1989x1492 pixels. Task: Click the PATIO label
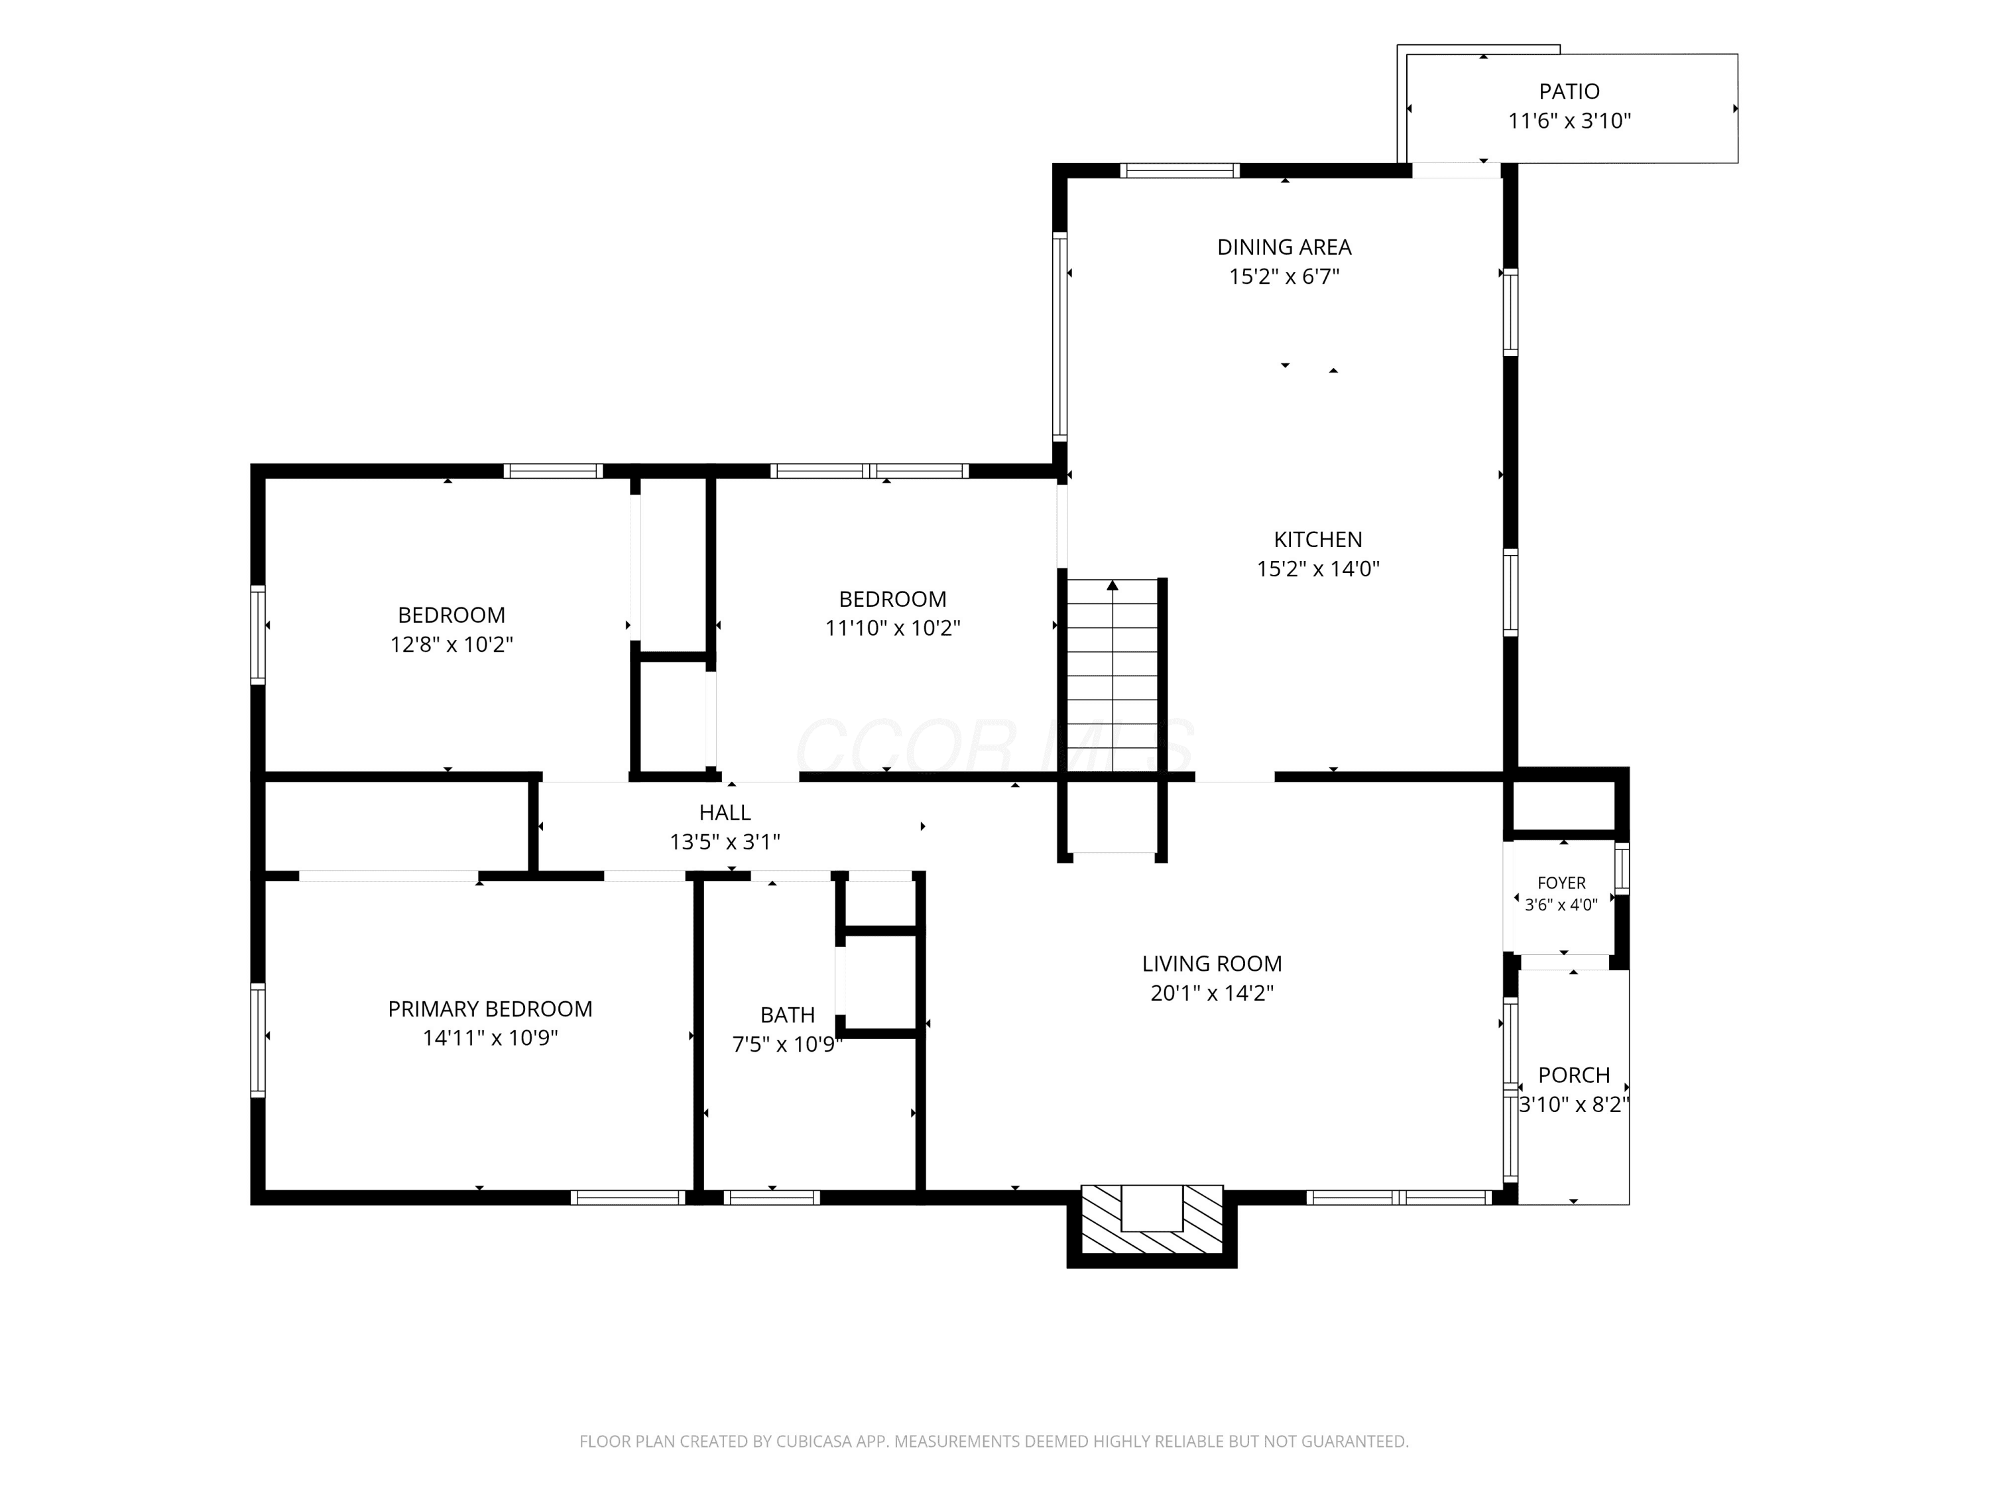[1569, 92]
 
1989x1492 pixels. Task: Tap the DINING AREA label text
[1284, 247]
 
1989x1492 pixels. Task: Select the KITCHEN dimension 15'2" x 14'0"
[1317, 569]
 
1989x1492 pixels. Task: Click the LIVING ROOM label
[1212, 964]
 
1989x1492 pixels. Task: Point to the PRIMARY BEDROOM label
[490, 1009]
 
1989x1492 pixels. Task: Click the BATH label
[788, 1015]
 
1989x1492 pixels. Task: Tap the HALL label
[725, 813]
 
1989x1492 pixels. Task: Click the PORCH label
[1573, 1076]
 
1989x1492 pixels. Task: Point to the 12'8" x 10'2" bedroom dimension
[452, 645]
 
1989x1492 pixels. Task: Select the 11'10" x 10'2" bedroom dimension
[893, 629]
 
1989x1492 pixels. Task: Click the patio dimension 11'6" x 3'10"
[1569, 121]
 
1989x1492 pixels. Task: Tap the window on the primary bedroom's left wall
[258, 1040]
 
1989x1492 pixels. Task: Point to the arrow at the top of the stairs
[1113, 586]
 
